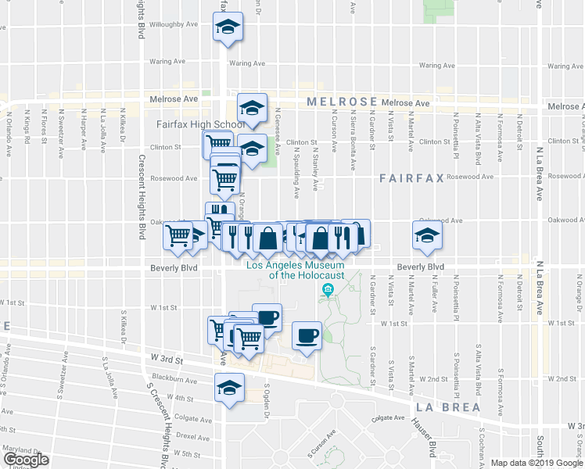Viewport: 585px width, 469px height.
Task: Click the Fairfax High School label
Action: point(189,124)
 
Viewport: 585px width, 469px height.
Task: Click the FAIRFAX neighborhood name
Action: point(411,178)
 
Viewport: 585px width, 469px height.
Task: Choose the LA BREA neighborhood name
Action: point(443,407)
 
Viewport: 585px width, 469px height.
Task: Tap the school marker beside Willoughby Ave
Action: point(228,28)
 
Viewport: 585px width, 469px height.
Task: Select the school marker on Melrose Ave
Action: point(253,108)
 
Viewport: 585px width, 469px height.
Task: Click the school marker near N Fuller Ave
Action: point(427,235)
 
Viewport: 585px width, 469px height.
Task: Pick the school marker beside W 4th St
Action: point(230,388)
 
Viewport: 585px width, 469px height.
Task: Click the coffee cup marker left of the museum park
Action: point(307,335)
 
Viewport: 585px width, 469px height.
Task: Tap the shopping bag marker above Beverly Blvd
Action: point(267,238)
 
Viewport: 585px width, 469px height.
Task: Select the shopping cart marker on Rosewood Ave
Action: point(225,179)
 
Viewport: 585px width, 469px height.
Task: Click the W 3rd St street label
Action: point(167,361)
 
